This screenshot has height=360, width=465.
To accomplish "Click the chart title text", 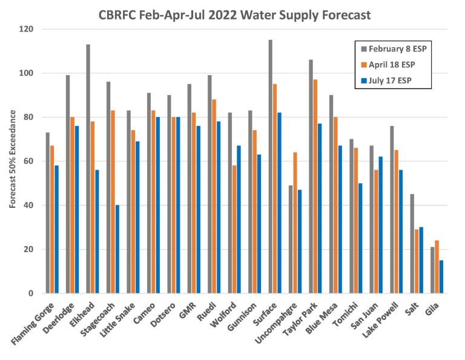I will [234, 15].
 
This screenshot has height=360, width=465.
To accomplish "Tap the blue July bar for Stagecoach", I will [117, 249].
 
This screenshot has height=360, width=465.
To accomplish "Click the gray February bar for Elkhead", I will [88, 169].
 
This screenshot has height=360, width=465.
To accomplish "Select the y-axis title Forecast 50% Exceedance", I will [12, 161].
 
